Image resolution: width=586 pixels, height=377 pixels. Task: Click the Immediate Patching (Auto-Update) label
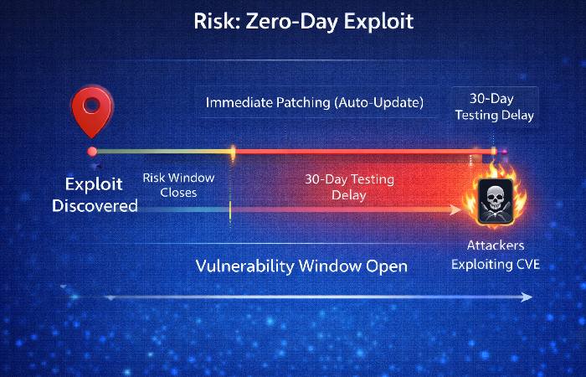315,103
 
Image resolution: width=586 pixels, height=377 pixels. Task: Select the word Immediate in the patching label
240,103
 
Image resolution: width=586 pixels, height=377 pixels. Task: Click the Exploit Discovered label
95,194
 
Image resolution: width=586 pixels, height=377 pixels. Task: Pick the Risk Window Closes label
178,185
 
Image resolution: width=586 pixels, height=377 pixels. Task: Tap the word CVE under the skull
528,265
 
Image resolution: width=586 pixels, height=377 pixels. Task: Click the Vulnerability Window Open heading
301,266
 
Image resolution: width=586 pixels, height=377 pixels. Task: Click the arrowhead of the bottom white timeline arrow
527,297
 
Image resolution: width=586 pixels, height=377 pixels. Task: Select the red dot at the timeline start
92,152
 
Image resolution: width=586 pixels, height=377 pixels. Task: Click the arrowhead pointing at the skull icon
455,209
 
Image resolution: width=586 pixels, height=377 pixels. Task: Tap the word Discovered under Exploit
95,204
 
